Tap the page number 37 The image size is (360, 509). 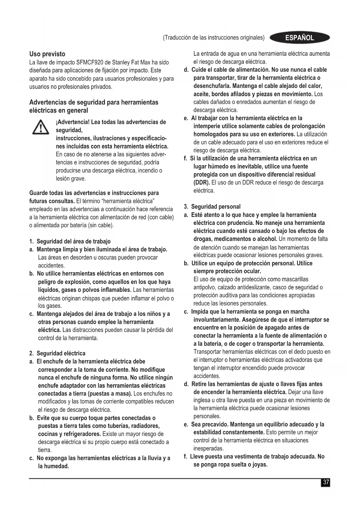326,482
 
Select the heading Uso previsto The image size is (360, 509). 47,54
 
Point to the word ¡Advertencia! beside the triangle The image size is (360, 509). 73,122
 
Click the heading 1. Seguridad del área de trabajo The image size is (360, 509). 70,241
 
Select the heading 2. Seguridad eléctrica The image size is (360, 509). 57,353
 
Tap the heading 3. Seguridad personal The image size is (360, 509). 212,207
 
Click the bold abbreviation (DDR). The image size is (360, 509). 202,183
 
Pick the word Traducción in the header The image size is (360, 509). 177,38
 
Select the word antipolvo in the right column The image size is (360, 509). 204,288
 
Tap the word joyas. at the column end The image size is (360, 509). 260,465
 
